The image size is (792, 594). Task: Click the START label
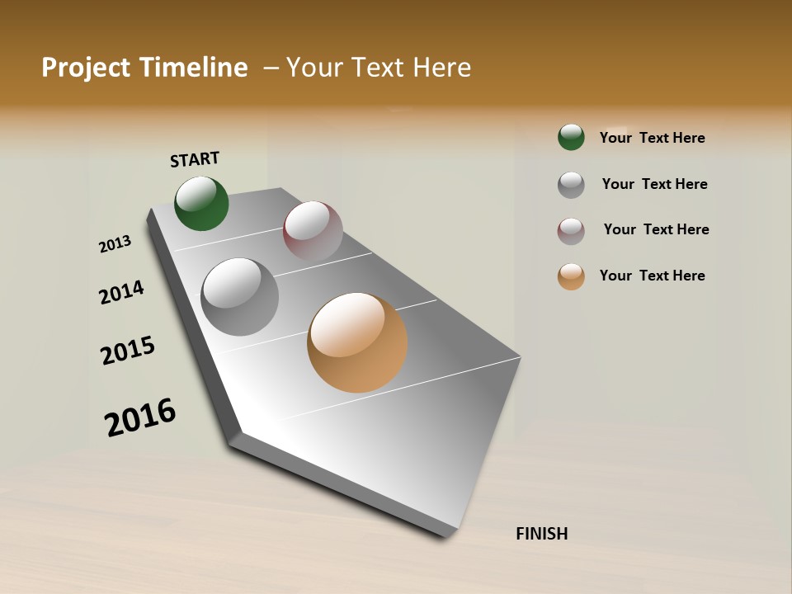click(x=195, y=159)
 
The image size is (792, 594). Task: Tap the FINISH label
click(x=542, y=534)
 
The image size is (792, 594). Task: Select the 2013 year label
click(x=115, y=244)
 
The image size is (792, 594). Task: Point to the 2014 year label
click(x=121, y=292)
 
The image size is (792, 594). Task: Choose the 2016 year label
click(x=140, y=417)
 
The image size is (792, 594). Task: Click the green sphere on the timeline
click(x=201, y=204)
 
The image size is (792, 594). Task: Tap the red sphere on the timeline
click(x=313, y=231)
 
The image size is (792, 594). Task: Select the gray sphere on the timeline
click(x=240, y=297)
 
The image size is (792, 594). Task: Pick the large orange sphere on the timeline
click(x=357, y=342)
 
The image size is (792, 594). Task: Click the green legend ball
click(x=571, y=137)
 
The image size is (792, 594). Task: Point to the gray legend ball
click(x=571, y=185)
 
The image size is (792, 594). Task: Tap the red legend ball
click(x=571, y=231)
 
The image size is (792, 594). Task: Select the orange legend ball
click(x=571, y=276)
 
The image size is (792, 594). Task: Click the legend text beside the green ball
click(x=652, y=138)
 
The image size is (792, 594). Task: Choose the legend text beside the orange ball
click(x=652, y=276)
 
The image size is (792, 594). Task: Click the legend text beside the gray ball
click(x=654, y=184)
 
